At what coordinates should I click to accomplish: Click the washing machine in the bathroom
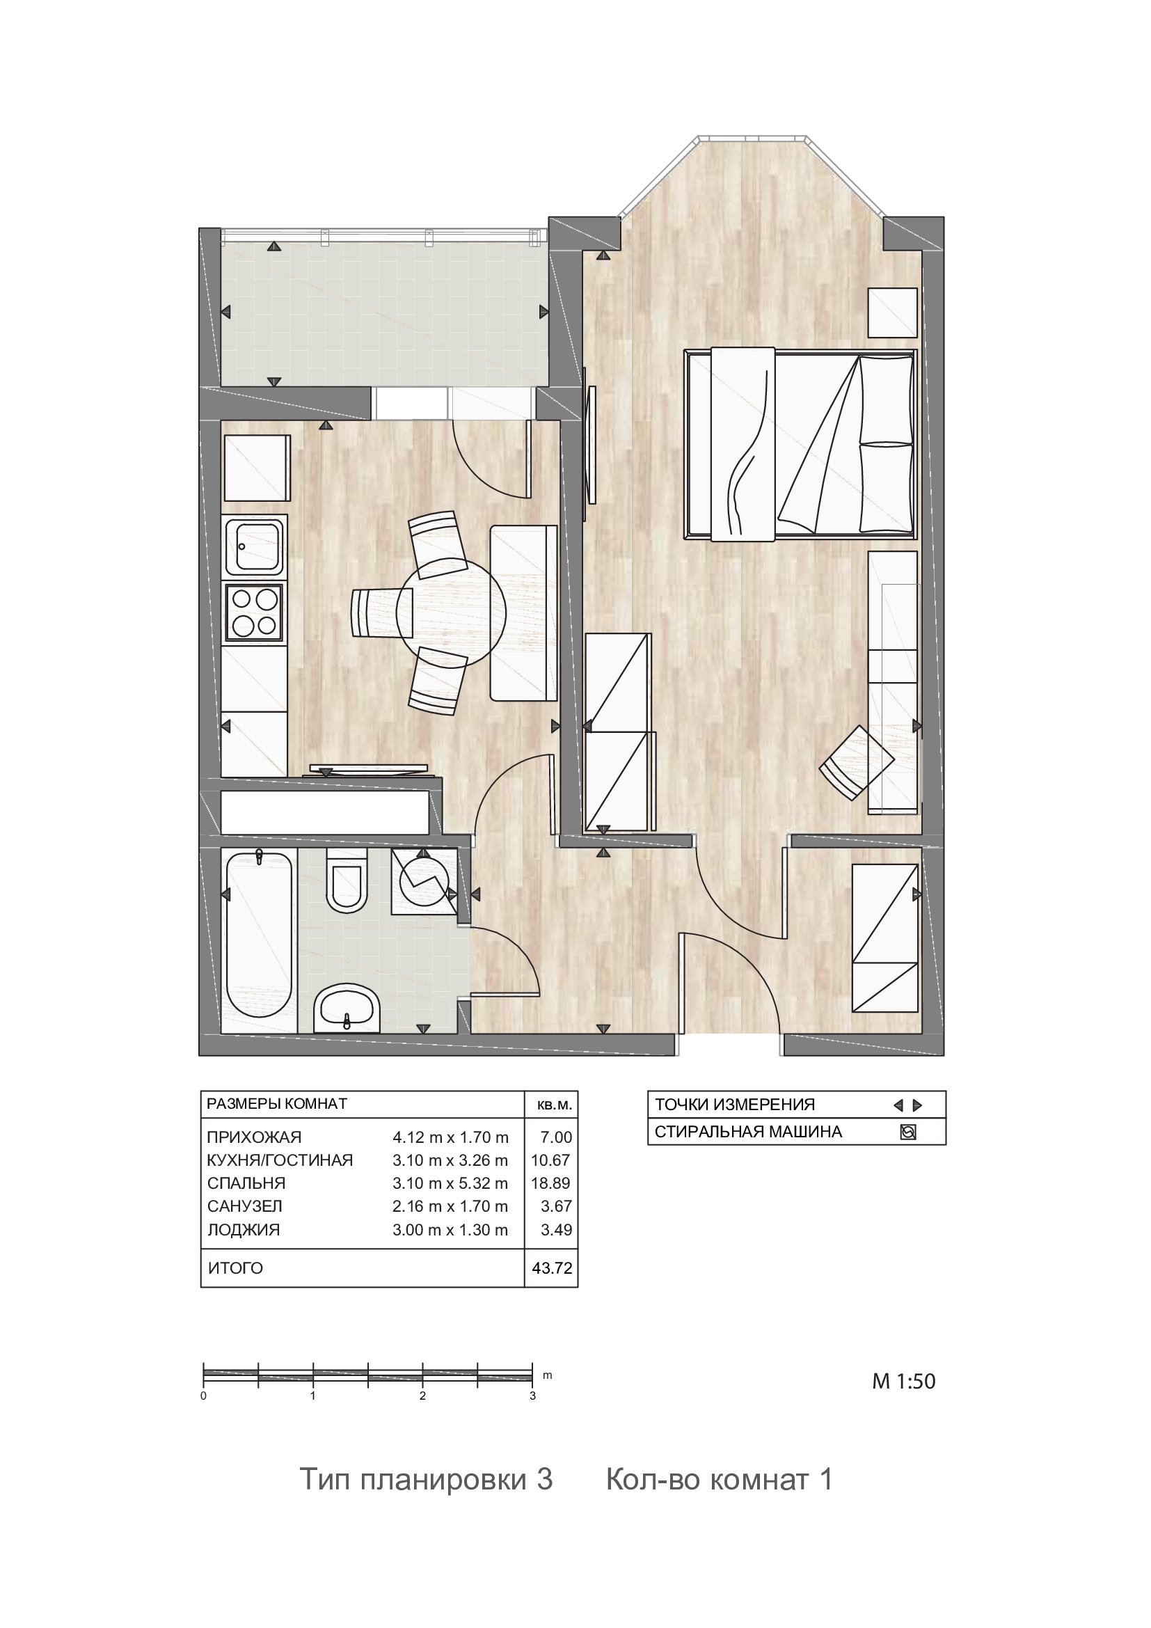coord(424,881)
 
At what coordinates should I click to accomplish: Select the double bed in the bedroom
coord(800,445)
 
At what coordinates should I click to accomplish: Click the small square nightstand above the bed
coord(893,312)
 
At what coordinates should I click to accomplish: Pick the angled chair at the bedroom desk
coord(857,762)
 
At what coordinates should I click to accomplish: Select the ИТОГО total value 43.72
coord(552,1267)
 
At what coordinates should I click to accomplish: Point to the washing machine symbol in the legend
coord(908,1132)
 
